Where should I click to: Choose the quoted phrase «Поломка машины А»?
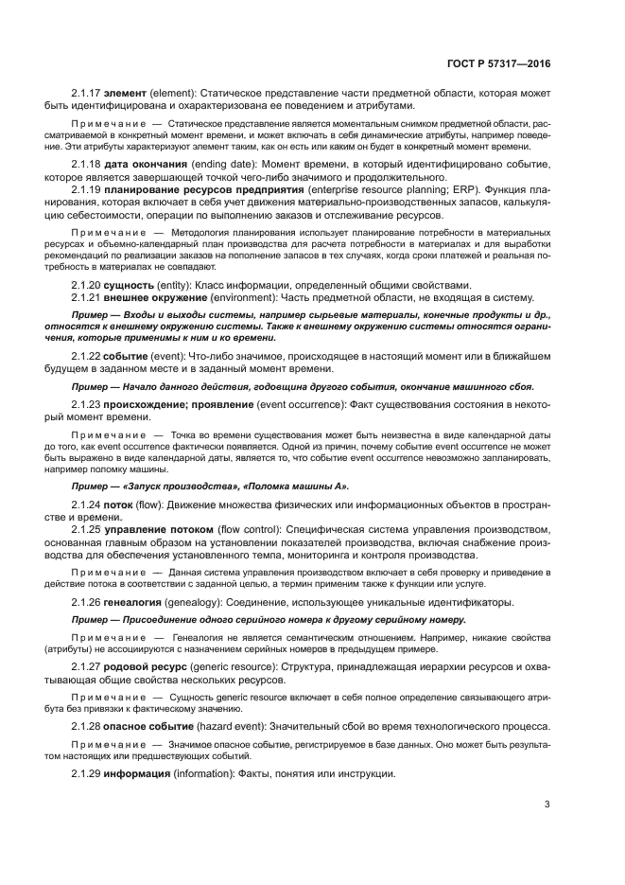click(269, 485)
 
